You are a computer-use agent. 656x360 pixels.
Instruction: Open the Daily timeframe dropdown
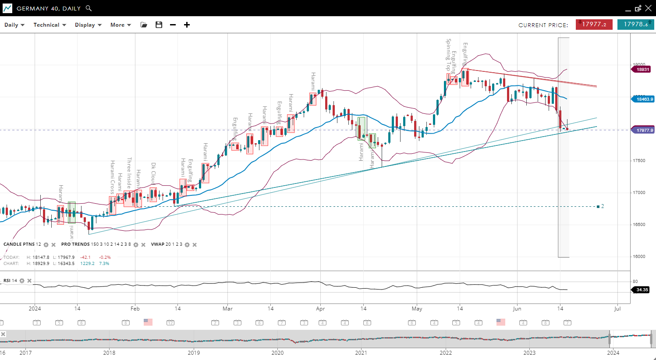pos(14,25)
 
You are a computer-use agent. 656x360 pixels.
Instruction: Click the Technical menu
pos(50,25)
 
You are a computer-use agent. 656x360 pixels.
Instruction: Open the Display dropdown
pos(88,25)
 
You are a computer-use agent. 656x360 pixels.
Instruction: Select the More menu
pos(121,25)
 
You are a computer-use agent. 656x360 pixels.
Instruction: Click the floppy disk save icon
pos(159,25)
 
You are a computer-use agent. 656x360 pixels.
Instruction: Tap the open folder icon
pos(144,25)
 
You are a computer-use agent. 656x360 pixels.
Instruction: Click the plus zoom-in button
pos(187,25)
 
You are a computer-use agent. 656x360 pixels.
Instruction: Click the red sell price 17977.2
pos(594,25)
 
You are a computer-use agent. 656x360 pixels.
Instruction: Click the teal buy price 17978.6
pos(635,25)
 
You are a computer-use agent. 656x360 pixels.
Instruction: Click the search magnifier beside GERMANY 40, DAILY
pos(89,8)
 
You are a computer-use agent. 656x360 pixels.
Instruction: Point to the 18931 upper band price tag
pos(642,70)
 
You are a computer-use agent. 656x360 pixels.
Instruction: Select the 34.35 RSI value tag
pos(642,290)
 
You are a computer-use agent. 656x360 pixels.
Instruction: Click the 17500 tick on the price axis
pos(639,161)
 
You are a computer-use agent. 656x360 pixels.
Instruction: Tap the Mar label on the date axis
pos(227,309)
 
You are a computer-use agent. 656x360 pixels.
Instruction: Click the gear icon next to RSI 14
pos(22,281)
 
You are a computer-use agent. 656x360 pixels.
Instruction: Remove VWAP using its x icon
pos(195,245)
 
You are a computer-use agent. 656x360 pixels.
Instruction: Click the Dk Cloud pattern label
pos(153,173)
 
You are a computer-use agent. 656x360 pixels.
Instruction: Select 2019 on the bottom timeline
pos(194,353)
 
